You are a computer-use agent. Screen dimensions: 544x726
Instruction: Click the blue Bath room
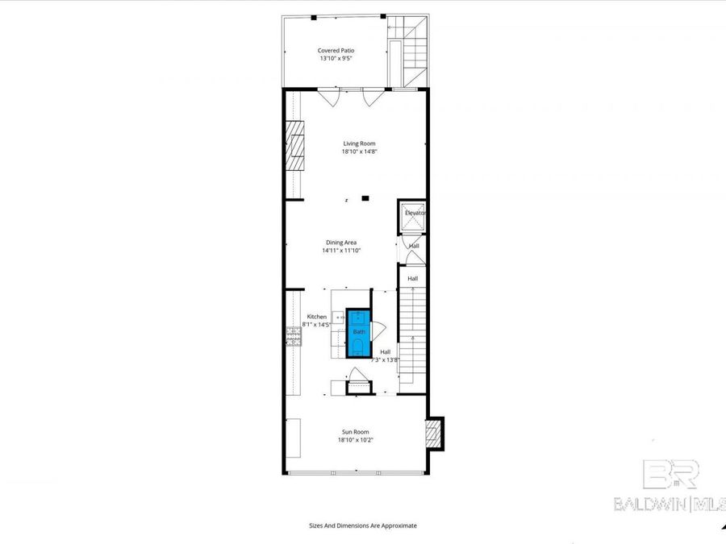pos(359,332)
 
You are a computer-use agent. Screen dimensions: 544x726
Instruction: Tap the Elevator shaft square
pos(413,215)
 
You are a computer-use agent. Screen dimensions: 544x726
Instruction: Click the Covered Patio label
pos(336,50)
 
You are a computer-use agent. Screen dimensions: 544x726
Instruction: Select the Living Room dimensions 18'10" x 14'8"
pos(359,152)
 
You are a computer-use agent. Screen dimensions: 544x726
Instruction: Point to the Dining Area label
pos(341,242)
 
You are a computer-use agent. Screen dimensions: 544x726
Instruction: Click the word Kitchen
pos(317,317)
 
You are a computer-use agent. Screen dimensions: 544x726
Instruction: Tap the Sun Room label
pos(356,431)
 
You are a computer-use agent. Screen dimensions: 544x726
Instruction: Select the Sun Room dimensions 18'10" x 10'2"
pos(356,440)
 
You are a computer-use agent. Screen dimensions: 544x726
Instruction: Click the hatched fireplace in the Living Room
pos(298,146)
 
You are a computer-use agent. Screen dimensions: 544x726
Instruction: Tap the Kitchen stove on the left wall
pos(293,336)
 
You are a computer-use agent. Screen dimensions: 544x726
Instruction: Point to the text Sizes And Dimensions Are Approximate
pos(363,525)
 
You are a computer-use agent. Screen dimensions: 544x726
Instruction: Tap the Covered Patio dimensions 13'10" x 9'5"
pos(336,58)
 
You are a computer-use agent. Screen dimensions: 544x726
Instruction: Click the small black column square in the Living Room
pos(365,197)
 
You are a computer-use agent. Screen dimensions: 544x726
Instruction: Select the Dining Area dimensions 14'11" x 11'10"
pos(341,251)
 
